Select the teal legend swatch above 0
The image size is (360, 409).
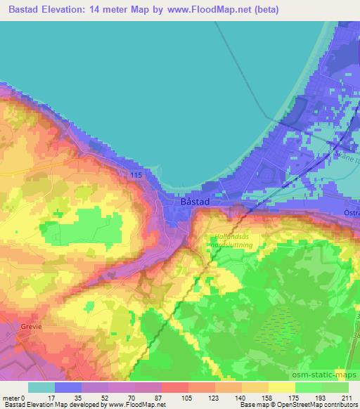pyautogui.click(x=41, y=387)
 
